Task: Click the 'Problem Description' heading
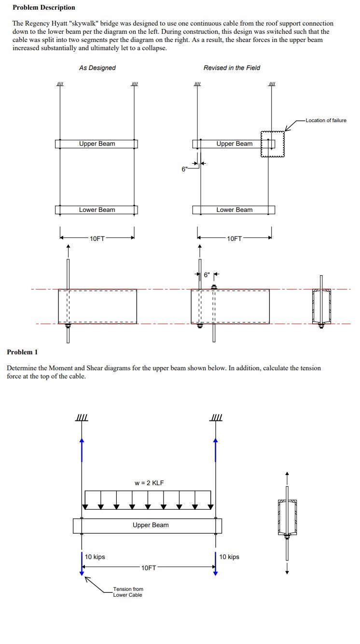point(43,7)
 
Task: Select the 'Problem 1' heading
point(22,352)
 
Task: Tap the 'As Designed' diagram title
point(97,68)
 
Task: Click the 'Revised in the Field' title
point(232,68)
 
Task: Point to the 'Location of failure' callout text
point(326,120)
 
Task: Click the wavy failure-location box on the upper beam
point(273,143)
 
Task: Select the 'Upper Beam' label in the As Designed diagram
point(97,144)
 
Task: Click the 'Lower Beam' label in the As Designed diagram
point(97,210)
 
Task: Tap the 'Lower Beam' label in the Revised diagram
point(234,210)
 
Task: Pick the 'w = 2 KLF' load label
point(150,483)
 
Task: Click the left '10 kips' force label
point(95,557)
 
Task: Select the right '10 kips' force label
point(229,557)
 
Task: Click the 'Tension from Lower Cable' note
point(128,592)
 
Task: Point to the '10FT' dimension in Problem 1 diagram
point(149,568)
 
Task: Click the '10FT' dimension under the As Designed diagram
point(97,238)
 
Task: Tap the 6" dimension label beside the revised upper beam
point(184,169)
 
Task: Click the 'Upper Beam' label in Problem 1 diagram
point(151,525)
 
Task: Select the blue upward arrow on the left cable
point(82,449)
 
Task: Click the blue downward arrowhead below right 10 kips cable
point(215,573)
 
